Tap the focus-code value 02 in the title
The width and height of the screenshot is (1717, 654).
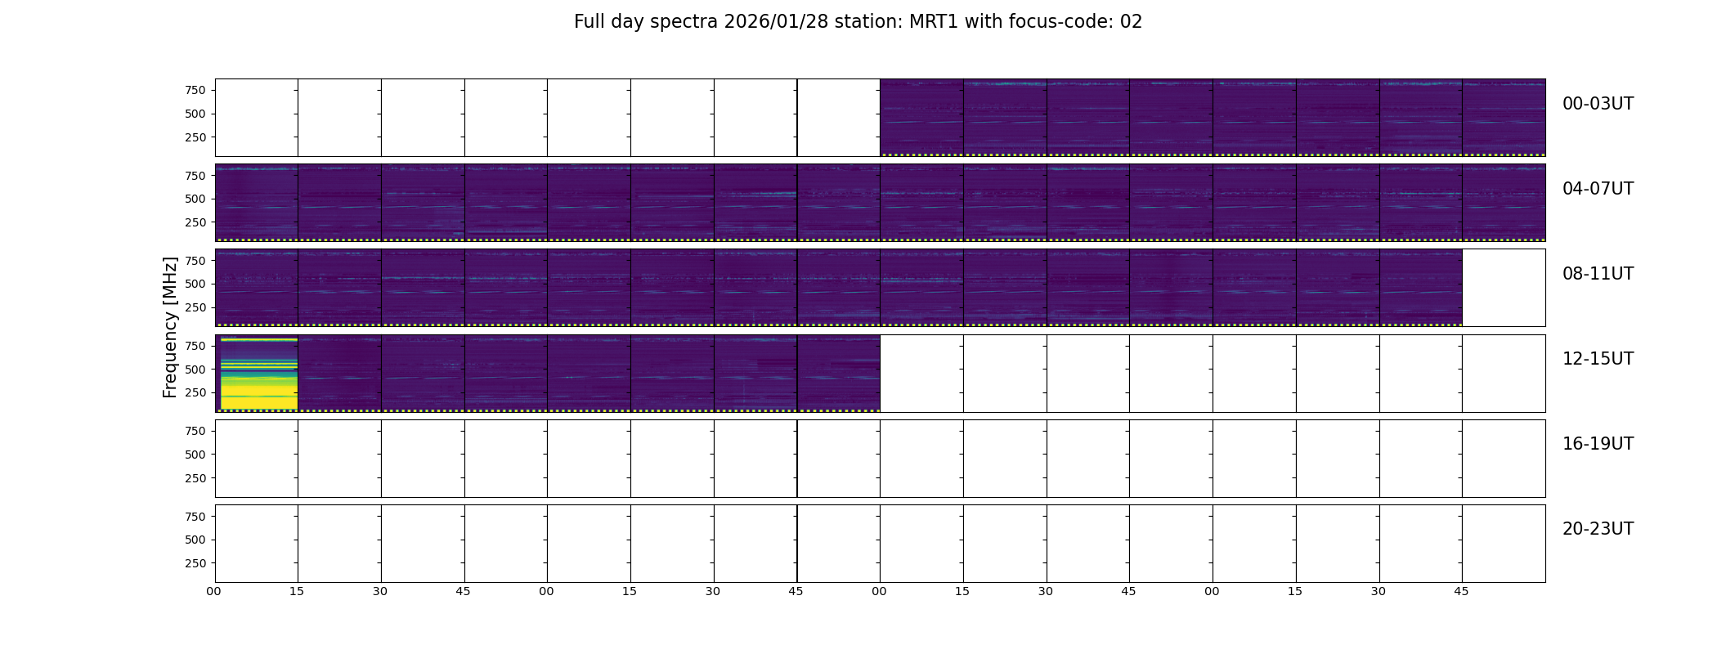point(1131,22)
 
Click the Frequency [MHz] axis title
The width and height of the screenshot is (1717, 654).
point(170,327)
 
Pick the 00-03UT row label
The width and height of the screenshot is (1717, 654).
point(1598,104)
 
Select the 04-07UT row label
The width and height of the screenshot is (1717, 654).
point(1598,189)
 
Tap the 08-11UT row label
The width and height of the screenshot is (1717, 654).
point(1598,274)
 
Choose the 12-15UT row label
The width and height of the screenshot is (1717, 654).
point(1598,359)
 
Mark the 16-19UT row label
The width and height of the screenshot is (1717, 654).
point(1598,444)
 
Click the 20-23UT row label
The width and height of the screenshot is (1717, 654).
point(1598,529)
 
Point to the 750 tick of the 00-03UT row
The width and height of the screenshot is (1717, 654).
point(195,90)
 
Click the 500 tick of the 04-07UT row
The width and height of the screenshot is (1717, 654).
point(195,199)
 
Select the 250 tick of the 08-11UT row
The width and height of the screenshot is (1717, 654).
point(195,307)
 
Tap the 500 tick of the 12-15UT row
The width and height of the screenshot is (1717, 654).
point(195,370)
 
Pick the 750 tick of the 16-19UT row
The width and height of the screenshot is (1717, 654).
point(195,431)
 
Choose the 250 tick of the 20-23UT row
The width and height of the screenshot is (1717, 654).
point(195,563)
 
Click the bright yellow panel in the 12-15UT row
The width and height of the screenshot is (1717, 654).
point(258,374)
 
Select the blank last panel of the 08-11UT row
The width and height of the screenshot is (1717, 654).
point(1504,288)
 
